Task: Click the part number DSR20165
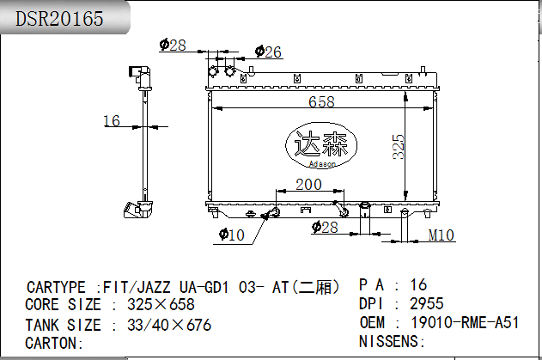pos(59,18)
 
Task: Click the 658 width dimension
pos(321,101)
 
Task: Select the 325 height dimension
pos(399,147)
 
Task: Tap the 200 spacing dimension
pos(308,185)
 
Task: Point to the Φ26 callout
pos(268,52)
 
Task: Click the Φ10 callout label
pos(232,235)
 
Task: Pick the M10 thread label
pos(441,235)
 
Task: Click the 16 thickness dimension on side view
pos(112,120)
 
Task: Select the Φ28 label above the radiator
pos(173,45)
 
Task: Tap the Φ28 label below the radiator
pos(325,227)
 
